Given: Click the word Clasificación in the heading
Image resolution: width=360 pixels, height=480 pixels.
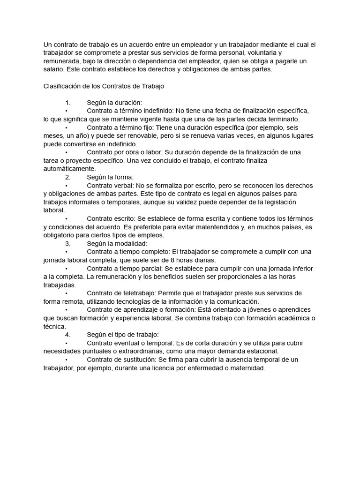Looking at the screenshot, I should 62,86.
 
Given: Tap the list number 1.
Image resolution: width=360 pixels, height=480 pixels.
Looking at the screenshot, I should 67,103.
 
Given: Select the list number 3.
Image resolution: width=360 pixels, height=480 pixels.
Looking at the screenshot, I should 67,243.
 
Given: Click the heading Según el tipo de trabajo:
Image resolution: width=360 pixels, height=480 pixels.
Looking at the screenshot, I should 123,334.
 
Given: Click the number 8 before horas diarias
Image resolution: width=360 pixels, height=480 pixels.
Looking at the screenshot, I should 173,260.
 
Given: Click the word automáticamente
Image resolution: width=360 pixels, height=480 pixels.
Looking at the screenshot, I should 69,169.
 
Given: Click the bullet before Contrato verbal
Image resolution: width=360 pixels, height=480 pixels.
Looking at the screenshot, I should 66,185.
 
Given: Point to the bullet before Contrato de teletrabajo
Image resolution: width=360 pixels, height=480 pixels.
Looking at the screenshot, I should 66,293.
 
